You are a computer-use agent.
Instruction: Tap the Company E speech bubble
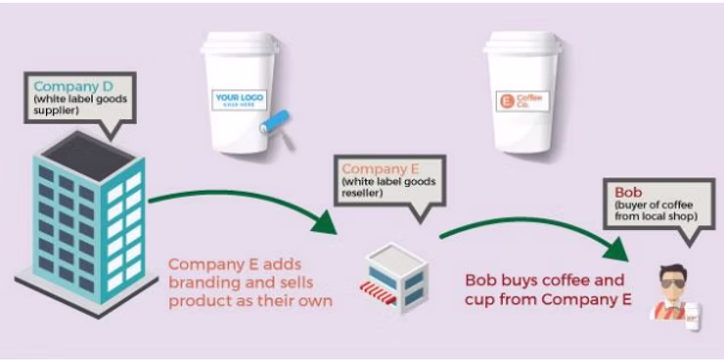[x=389, y=181]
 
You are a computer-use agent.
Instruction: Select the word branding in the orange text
[x=204, y=283]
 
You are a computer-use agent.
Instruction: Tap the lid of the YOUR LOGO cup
[x=240, y=44]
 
